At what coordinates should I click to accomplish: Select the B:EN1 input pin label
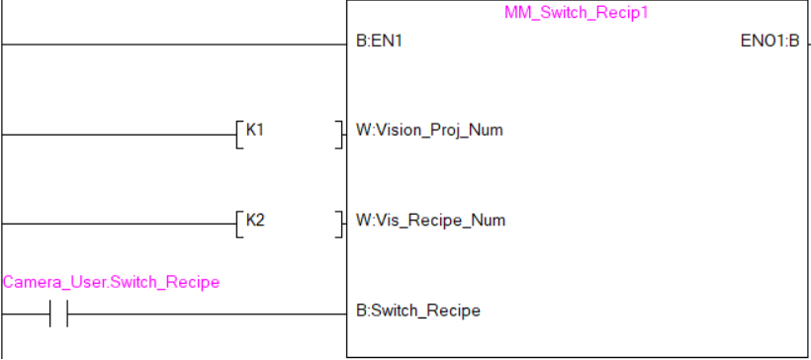(x=380, y=43)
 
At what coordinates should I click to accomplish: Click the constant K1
(x=254, y=130)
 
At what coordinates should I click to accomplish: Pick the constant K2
(x=254, y=219)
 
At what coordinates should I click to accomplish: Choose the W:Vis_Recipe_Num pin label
(x=430, y=220)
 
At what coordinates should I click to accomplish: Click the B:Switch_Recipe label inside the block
(x=417, y=311)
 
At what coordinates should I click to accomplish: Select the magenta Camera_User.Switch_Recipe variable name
(x=111, y=283)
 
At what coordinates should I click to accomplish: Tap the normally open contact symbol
(x=58, y=315)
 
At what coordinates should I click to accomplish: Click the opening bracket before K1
(x=238, y=134)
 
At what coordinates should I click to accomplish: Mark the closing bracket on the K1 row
(x=339, y=134)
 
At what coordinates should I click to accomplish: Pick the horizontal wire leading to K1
(x=119, y=134)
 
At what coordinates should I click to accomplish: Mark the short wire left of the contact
(x=24, y=315)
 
